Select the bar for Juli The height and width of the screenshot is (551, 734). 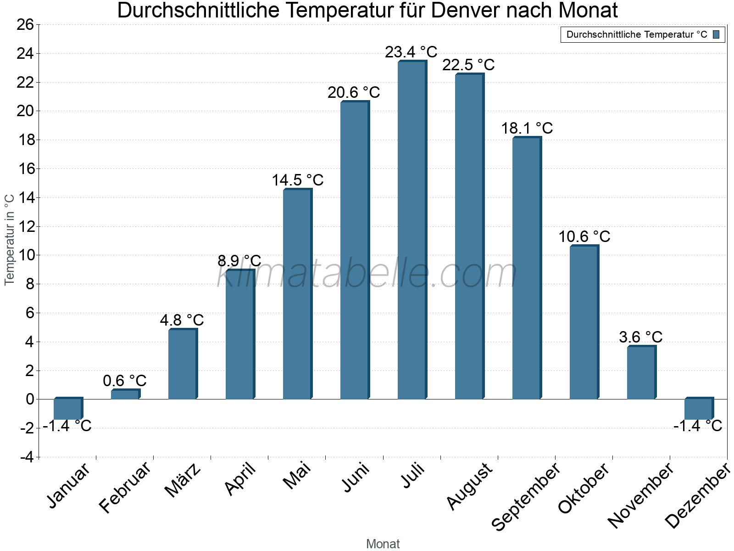click(411, 230)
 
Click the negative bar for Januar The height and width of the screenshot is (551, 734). click(67, 409)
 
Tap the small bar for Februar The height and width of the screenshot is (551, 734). click(125, 394)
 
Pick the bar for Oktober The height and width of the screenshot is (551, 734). click(584, 322)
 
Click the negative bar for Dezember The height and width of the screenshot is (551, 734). click(698, 409)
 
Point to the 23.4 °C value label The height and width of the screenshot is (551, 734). click(411, 52)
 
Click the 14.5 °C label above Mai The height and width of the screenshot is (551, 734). click(297, 180)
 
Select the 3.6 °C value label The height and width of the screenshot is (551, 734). click(640, 337)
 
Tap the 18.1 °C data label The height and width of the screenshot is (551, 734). click(527, 128)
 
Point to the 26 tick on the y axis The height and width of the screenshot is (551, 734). click(25, 25)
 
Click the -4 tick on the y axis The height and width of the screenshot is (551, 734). click(27, 457)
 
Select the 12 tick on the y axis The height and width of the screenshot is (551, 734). click(25, 226)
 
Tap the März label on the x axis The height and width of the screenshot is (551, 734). click(183, 480)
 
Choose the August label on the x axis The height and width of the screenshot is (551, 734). click(469, 486)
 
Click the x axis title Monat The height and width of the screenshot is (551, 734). click(383, 544)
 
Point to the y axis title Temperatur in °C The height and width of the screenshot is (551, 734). click(10, 239)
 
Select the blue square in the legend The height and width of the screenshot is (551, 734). click(716, 34)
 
